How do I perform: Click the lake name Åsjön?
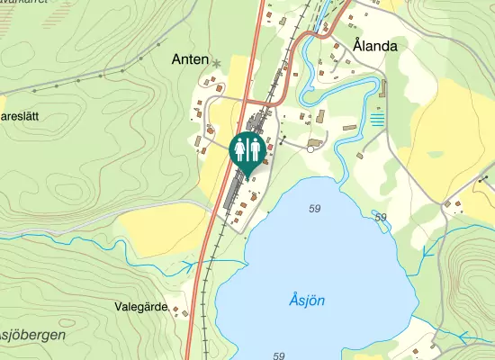[x=308, y=300]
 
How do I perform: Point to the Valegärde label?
[x=142, y=307]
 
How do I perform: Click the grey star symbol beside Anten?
[x=216, y=63]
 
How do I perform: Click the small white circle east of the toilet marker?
[x=310, y=148]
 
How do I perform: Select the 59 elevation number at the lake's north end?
[x=314, y=210]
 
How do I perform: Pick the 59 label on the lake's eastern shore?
[x=380, y=218]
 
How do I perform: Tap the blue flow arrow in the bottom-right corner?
[x=464, y=337]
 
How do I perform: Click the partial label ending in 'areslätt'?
[x=22, y=117]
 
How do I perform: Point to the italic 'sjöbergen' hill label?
[x=32, y=334]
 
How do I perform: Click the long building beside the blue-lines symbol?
[x=382, y=91]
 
